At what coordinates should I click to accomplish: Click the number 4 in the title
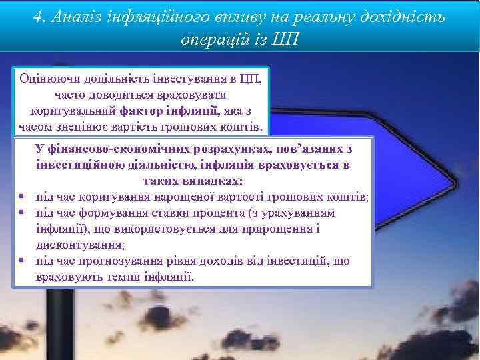38,17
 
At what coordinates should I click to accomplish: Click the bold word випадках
211,181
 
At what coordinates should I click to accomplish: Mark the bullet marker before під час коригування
22,197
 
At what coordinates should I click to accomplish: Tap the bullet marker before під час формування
22,213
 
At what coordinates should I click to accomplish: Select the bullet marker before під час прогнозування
22,261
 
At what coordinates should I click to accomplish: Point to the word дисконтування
80,245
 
